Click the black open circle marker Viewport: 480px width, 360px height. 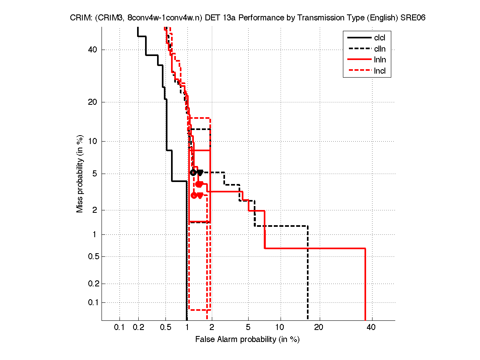[193, 172]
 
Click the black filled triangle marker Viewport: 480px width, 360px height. [200, 172]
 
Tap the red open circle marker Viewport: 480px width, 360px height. [194, 195]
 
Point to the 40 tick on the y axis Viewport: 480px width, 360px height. [93, 50]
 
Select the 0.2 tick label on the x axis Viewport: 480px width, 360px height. [138, 328]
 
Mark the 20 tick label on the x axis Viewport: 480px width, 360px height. [319, 328]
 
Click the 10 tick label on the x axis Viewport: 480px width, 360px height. [281, 328]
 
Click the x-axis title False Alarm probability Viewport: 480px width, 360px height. [247, 340]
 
